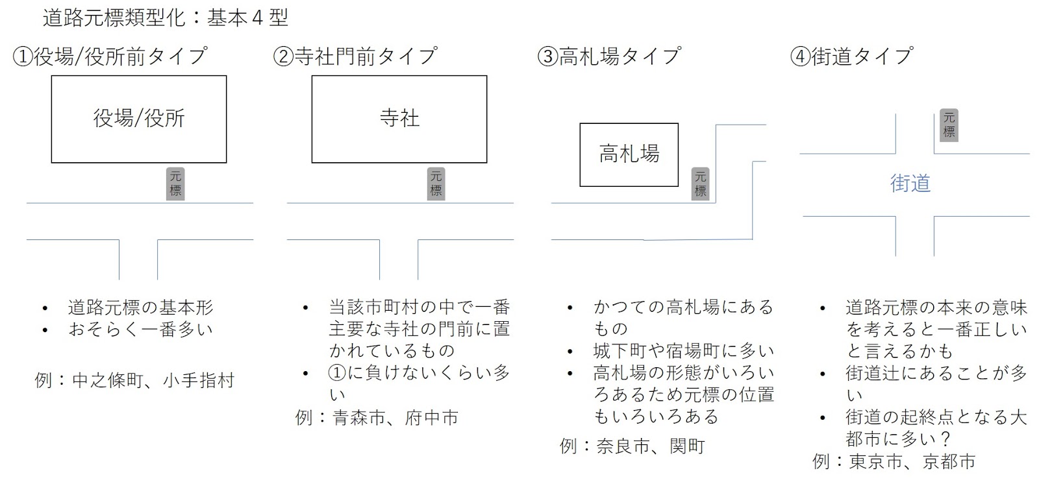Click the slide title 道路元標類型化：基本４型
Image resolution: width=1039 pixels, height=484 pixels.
point(165,18)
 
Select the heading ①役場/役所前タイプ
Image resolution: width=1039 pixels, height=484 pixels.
point(110,56)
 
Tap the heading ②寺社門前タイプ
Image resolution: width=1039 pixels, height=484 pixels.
point(355,56)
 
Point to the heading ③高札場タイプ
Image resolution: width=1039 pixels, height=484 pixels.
point(609,56)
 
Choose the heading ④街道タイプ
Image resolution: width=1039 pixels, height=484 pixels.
point(851,56)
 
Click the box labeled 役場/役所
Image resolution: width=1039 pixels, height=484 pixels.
point(139,119)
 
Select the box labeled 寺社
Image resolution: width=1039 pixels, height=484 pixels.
point(399,119)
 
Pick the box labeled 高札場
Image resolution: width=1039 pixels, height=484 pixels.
point(629,154)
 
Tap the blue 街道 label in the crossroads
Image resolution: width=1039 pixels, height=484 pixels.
point(910,184)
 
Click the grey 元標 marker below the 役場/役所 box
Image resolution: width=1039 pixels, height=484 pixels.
point(175,184)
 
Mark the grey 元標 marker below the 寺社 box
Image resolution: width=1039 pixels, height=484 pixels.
point(436,184)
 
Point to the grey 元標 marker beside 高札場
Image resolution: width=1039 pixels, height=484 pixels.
point(700,184)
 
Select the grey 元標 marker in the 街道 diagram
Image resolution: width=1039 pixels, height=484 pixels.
point(949,125)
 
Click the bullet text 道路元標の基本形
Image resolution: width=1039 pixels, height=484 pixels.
point(140,308)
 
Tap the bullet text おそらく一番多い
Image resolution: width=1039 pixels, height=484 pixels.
point(140,330)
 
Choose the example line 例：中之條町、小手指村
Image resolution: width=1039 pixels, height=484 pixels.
point(134,380)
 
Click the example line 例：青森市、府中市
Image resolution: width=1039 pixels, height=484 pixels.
point(377,417)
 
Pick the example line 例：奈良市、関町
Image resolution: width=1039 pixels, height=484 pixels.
point(632,446)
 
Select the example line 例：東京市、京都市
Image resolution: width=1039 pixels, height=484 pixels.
point(894,462)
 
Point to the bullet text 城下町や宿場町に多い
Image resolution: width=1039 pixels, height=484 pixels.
point(683,351)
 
